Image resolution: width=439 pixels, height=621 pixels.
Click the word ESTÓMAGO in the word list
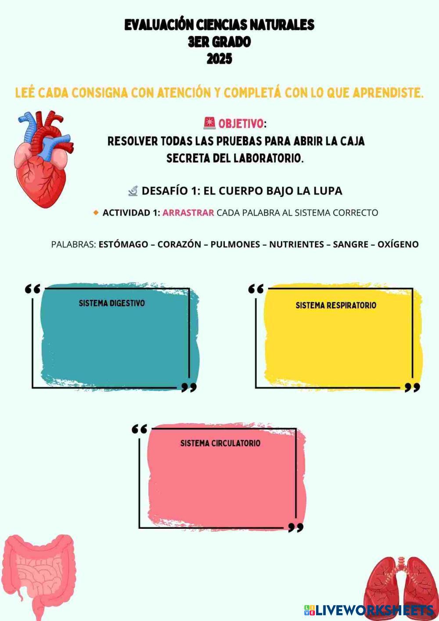pyautogui.click(x=123, y=244)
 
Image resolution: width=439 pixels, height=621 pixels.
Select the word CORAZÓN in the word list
pyautogui.click(x=179, y=244)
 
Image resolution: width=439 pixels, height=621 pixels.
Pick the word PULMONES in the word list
pyautogui.click(x=235, y=244)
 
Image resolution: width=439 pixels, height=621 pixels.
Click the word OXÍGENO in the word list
pyautogui.click(x=398, y=244)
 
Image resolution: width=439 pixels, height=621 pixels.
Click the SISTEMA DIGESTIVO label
pyautogui.click(x=112, y=303)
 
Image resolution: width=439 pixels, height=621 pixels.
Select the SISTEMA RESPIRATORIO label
pyautogui.click(x=336, y=305)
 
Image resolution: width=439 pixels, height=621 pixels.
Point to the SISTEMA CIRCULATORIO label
pyautogui.click(x=220, y=443)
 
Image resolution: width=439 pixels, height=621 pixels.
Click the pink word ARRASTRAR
pyautogui.click(x=188, y=213)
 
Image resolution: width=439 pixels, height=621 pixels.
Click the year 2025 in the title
pyautogui.click(x=219, y=58)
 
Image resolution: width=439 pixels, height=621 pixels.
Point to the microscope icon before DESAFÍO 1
pyautogui.click(x=133, y=191)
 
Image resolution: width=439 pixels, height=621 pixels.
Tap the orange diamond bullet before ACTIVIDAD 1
pyautogui.click(x=96, y=213)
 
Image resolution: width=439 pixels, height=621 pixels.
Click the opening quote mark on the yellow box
pyautogui.click(x=256, y=289)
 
